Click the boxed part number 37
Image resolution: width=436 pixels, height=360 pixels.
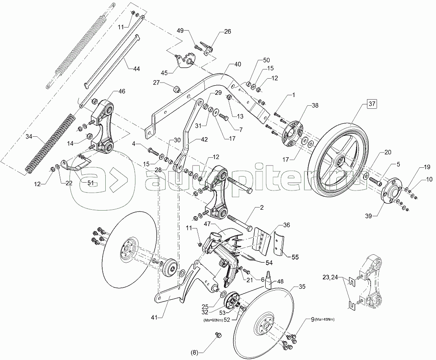click(372, 104)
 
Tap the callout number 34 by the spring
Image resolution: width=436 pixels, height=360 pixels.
click(29, 136)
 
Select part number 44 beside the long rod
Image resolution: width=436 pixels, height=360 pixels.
click(136, 69)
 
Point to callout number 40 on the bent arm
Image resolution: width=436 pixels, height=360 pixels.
click(238, 64)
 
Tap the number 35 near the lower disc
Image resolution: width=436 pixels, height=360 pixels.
click(301, 287)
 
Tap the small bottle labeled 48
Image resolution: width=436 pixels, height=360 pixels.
click(269, 279)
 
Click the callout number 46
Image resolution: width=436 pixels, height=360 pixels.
click(122, 91)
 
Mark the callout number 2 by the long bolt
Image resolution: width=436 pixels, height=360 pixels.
click(262, 208)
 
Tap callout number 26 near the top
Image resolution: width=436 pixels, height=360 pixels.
click(228, 31)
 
